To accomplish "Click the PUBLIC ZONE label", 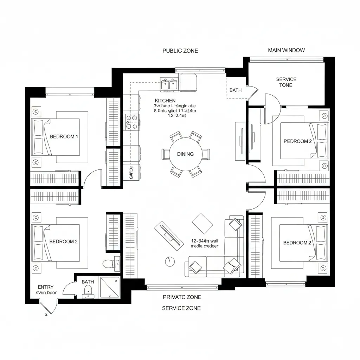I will point(180,51).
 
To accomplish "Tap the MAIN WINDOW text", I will point(286,50).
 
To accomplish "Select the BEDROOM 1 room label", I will point(64,136).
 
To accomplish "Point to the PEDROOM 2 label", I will point(297,141).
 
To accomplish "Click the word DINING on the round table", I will point(185,154).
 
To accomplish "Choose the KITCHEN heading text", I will point(165,101).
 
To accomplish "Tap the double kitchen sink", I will point(169,84).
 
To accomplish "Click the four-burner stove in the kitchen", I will point(131,122).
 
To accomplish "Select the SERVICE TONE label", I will point(286,82).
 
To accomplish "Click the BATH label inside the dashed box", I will point(235,90).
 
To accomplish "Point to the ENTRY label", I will point(45,287).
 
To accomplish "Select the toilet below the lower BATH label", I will point(88,290).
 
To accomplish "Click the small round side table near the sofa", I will point(169,261).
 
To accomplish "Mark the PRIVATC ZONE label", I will point(182,297).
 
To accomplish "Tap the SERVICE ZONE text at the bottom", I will point(181,308).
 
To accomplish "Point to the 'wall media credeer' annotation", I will point(204,244).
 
